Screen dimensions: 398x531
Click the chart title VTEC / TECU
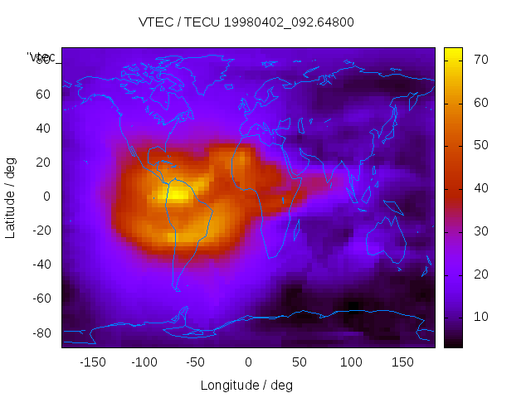(246, 22)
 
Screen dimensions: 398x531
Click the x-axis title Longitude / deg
(246, 386)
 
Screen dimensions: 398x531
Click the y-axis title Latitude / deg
(11, 197)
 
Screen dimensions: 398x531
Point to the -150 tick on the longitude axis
(92, 362)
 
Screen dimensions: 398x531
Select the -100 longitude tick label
(144, 362)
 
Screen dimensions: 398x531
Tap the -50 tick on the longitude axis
(196, 362)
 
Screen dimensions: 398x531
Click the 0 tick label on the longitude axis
(247, 362)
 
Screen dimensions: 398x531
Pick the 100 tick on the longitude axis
(351, 362)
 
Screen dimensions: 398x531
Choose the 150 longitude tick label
(402, 362)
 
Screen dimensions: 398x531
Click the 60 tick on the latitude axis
(43, 94)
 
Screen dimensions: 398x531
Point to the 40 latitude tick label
(43, 129)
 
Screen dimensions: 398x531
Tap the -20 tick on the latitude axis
(41, 231)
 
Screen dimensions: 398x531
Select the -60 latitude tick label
(41, 298)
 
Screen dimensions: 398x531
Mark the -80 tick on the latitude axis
(41, 332)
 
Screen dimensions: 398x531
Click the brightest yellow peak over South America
(178, 195)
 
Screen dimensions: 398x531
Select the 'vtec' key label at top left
(41, 57)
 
